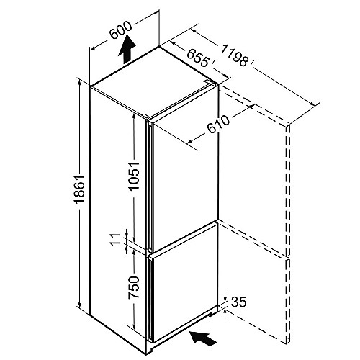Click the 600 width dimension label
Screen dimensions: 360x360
point(121,30)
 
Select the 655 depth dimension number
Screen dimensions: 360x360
point(197,58)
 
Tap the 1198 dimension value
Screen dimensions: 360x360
point(234,56)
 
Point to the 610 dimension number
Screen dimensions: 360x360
point(218,124)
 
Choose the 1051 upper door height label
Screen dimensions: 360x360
point(134,176)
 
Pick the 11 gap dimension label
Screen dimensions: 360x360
point(116,239)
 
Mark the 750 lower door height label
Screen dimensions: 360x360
point(134,287)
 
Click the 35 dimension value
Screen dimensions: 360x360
point(239,302)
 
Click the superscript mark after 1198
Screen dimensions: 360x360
point(253,62)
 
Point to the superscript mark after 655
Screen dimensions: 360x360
point(213,62)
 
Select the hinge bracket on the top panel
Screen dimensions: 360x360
point(208,81)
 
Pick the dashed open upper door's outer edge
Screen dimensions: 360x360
point(288,189)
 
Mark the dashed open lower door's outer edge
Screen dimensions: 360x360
point(288,300)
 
